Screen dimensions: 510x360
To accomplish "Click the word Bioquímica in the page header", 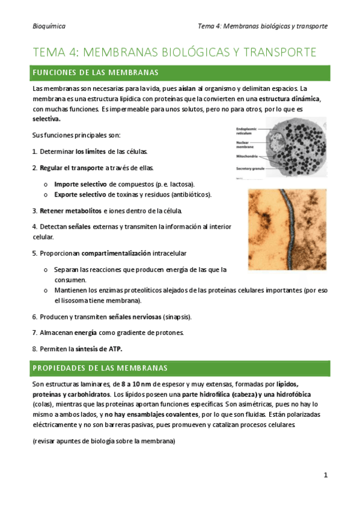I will click(49, 26).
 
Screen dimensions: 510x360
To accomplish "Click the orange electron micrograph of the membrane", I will click(287, 229).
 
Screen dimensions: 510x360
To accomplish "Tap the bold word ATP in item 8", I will click(115, 349).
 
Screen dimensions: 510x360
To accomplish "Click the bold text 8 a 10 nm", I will click(139, 384).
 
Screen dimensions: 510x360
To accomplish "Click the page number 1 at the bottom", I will click(325, 475).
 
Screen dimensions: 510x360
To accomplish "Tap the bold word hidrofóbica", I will click(300, 395).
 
